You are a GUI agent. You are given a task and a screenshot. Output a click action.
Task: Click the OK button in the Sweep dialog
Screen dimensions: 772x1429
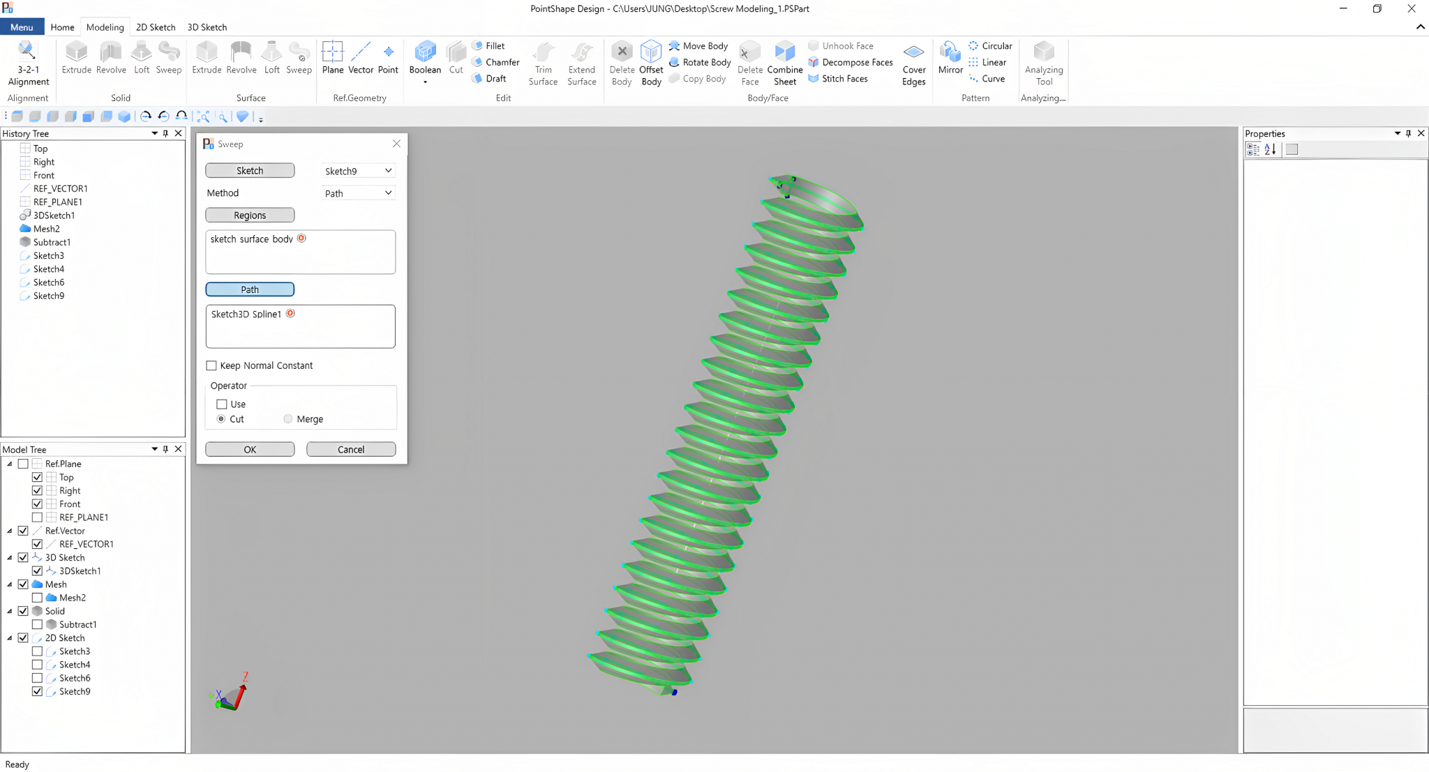point(250,449)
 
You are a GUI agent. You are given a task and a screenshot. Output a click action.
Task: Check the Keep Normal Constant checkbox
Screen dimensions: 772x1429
point(211,365)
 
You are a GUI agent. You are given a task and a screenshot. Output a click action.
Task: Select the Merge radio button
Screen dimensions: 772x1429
point(288,419)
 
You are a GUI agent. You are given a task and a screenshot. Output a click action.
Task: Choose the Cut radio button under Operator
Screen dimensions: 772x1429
point(221,419)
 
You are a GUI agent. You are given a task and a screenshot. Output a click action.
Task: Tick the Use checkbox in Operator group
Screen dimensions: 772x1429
point(222,404)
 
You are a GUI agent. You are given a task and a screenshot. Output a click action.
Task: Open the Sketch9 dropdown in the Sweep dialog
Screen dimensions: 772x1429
point(359,171)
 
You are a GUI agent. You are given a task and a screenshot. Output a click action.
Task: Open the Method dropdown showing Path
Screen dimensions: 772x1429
point(359,193)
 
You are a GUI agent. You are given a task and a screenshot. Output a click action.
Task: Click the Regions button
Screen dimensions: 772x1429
point(250,215)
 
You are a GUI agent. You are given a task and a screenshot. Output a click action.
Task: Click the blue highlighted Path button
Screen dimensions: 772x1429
point(250,289)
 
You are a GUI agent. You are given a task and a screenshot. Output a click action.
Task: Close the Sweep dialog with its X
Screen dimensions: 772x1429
point(396,144)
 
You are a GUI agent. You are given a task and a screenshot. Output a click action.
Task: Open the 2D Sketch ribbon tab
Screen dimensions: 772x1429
point(156,27)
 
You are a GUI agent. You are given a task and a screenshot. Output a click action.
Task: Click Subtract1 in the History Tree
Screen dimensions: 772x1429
point(52,242)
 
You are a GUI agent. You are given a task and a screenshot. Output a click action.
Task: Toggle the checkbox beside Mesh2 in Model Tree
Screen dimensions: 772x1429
point(38,598)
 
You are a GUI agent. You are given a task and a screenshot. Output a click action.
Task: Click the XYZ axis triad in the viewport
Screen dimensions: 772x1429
point(231,695)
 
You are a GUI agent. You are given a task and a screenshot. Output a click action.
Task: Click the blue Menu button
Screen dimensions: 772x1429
point(22,27)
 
